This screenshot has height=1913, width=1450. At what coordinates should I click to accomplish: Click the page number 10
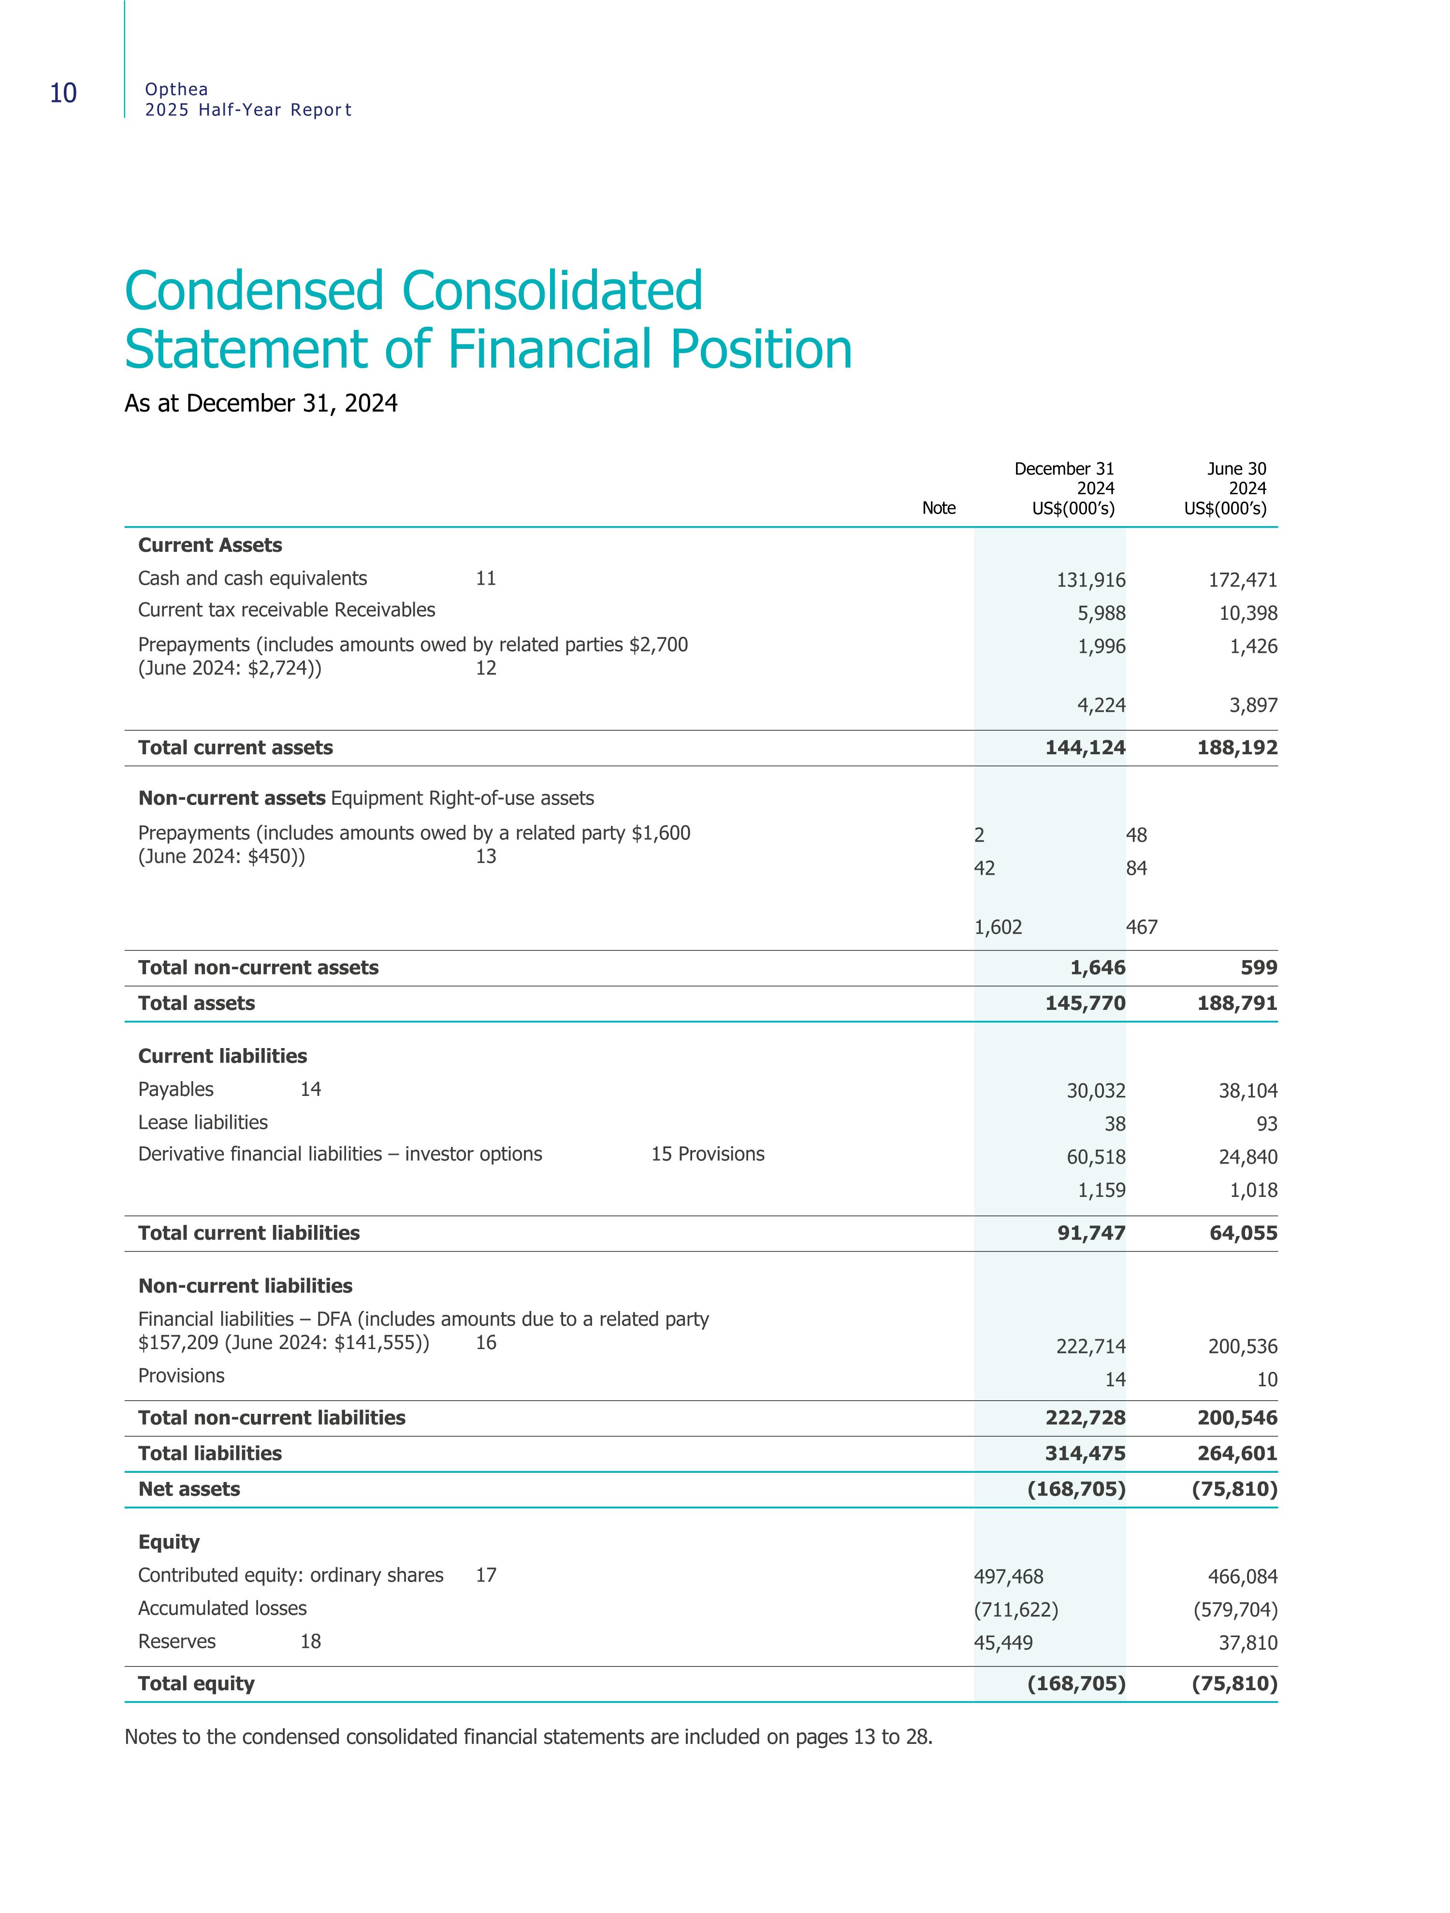(63, 93)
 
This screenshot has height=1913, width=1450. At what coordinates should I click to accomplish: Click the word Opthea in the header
(176, 89)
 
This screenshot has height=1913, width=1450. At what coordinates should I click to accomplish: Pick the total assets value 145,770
(1085, 1003)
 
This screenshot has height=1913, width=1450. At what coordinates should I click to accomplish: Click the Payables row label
(175, 1090)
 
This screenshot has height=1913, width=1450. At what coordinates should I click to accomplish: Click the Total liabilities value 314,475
(1085, 1454)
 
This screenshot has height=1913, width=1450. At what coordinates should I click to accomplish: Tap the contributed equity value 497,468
(1009, 1577)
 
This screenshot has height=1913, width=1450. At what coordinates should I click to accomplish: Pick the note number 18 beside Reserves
(311, 1641)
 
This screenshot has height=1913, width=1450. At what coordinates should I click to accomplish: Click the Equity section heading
(169, 1542)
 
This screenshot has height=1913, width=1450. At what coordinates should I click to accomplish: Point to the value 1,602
(999, 928)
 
